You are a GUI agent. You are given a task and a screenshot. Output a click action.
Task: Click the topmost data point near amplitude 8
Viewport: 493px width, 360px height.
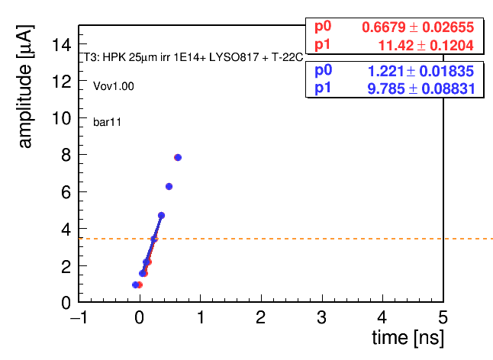[x=178, y=157]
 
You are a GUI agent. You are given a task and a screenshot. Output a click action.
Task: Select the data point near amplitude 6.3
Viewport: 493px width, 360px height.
[x=169, y=187]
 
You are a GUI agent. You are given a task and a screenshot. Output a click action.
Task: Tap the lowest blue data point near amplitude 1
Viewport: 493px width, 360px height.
[x=136, y=284]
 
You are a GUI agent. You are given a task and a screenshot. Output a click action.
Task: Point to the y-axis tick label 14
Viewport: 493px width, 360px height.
[x=62, y=44]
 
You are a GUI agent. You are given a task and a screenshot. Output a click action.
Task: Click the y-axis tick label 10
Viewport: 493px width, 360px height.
[x=62, y=118]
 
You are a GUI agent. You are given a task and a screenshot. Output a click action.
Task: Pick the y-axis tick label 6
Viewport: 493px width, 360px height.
[x=66, y=192]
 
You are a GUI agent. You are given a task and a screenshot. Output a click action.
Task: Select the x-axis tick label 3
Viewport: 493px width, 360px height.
[x=321, y=317]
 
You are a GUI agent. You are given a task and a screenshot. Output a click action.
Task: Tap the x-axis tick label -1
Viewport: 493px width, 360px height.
[x=79, y=317]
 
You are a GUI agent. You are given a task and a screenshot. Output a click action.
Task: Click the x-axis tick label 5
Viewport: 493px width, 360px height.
[x=443, y=317]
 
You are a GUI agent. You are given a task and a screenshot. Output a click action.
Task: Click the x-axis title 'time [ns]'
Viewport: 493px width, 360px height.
[x=408, y=339]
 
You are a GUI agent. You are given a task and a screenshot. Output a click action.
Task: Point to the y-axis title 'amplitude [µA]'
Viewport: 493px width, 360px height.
[x=25, y=86]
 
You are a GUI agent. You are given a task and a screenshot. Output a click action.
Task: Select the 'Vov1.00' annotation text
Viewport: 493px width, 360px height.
[x=114, y=86]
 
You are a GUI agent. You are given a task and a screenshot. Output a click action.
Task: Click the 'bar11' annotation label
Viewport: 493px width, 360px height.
[x=107, y=122]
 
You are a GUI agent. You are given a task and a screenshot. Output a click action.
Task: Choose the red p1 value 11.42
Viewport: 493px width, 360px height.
[x=396, y=46]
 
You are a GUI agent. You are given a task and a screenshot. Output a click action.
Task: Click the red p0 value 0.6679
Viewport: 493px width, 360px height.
[x=384, y=27]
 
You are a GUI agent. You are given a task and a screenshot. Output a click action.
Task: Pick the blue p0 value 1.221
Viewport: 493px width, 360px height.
[x=385, y=71]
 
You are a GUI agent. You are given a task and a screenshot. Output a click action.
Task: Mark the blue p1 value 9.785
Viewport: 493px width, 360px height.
[x=386, y=89]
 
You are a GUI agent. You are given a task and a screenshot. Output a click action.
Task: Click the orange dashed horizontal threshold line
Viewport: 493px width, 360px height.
[x=285, y=239]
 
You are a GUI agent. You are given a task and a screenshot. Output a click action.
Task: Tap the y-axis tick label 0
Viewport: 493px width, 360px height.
[x=66, y=303]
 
